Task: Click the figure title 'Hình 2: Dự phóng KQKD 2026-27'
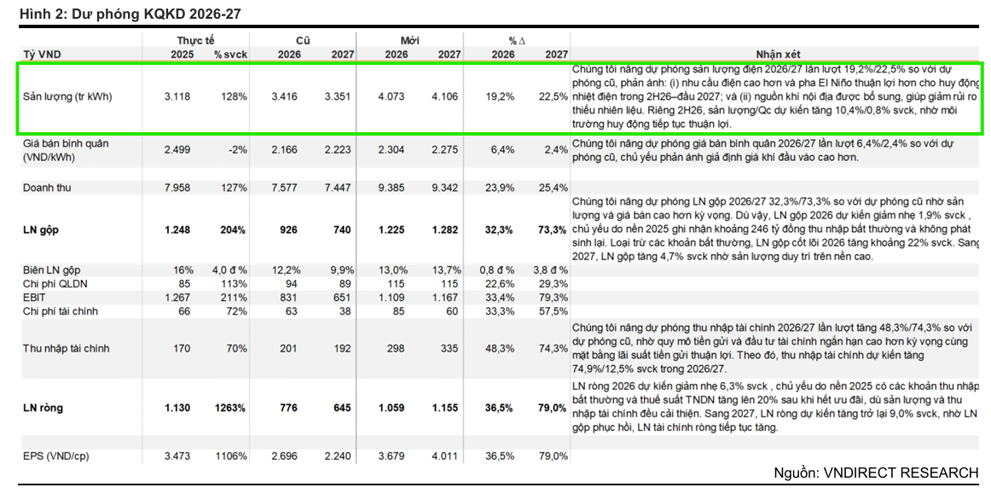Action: pos(130,14)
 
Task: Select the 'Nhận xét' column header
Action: pos(778,55)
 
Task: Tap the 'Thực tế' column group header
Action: pos(195,40)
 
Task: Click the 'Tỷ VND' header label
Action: pos(43,55)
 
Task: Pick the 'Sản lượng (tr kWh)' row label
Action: pos(67,96)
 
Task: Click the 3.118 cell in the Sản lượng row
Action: pos(177,96)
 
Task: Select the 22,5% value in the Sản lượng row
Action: pos(553,96)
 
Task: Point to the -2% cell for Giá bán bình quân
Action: pos(238,150)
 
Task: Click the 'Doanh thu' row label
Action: pos(47,188)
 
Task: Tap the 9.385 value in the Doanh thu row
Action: pos(391,188)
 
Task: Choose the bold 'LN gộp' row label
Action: pos(40,229)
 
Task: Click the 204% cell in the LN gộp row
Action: pos(233,229)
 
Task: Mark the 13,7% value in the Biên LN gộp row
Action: pos(447,270)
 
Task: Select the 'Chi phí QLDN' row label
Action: pos(55,284)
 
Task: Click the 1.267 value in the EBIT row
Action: pos(177,298)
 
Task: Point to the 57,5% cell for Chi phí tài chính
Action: pos(553,311)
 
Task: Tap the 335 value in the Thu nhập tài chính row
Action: pos(449,349)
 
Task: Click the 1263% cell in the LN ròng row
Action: pos(230,408)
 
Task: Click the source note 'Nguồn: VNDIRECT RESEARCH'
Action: pos(876,473)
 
